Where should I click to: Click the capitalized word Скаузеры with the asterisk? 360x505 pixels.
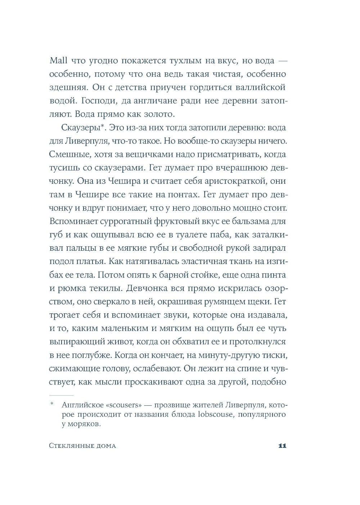(76, 128)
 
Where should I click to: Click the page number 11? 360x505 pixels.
(282, 446)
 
